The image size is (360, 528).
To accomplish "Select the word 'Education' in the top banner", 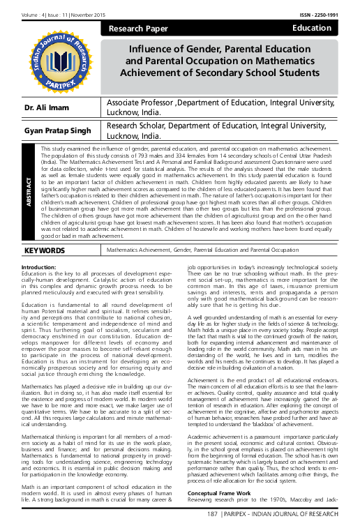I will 311,28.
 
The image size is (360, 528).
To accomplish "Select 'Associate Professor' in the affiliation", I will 140,103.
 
